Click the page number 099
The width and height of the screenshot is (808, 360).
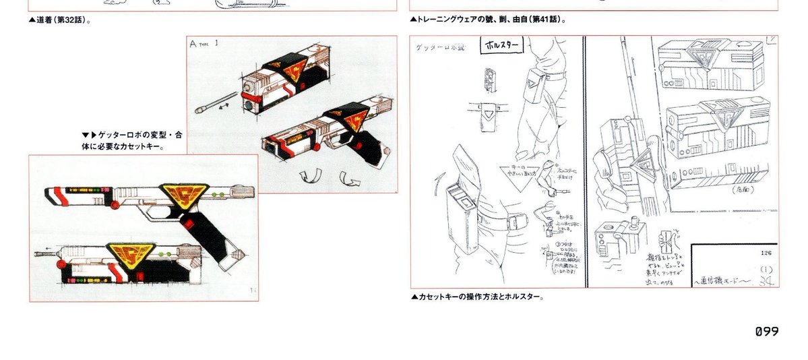click(x=766, y=331)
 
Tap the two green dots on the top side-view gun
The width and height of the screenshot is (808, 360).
click(x=218, y=195)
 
